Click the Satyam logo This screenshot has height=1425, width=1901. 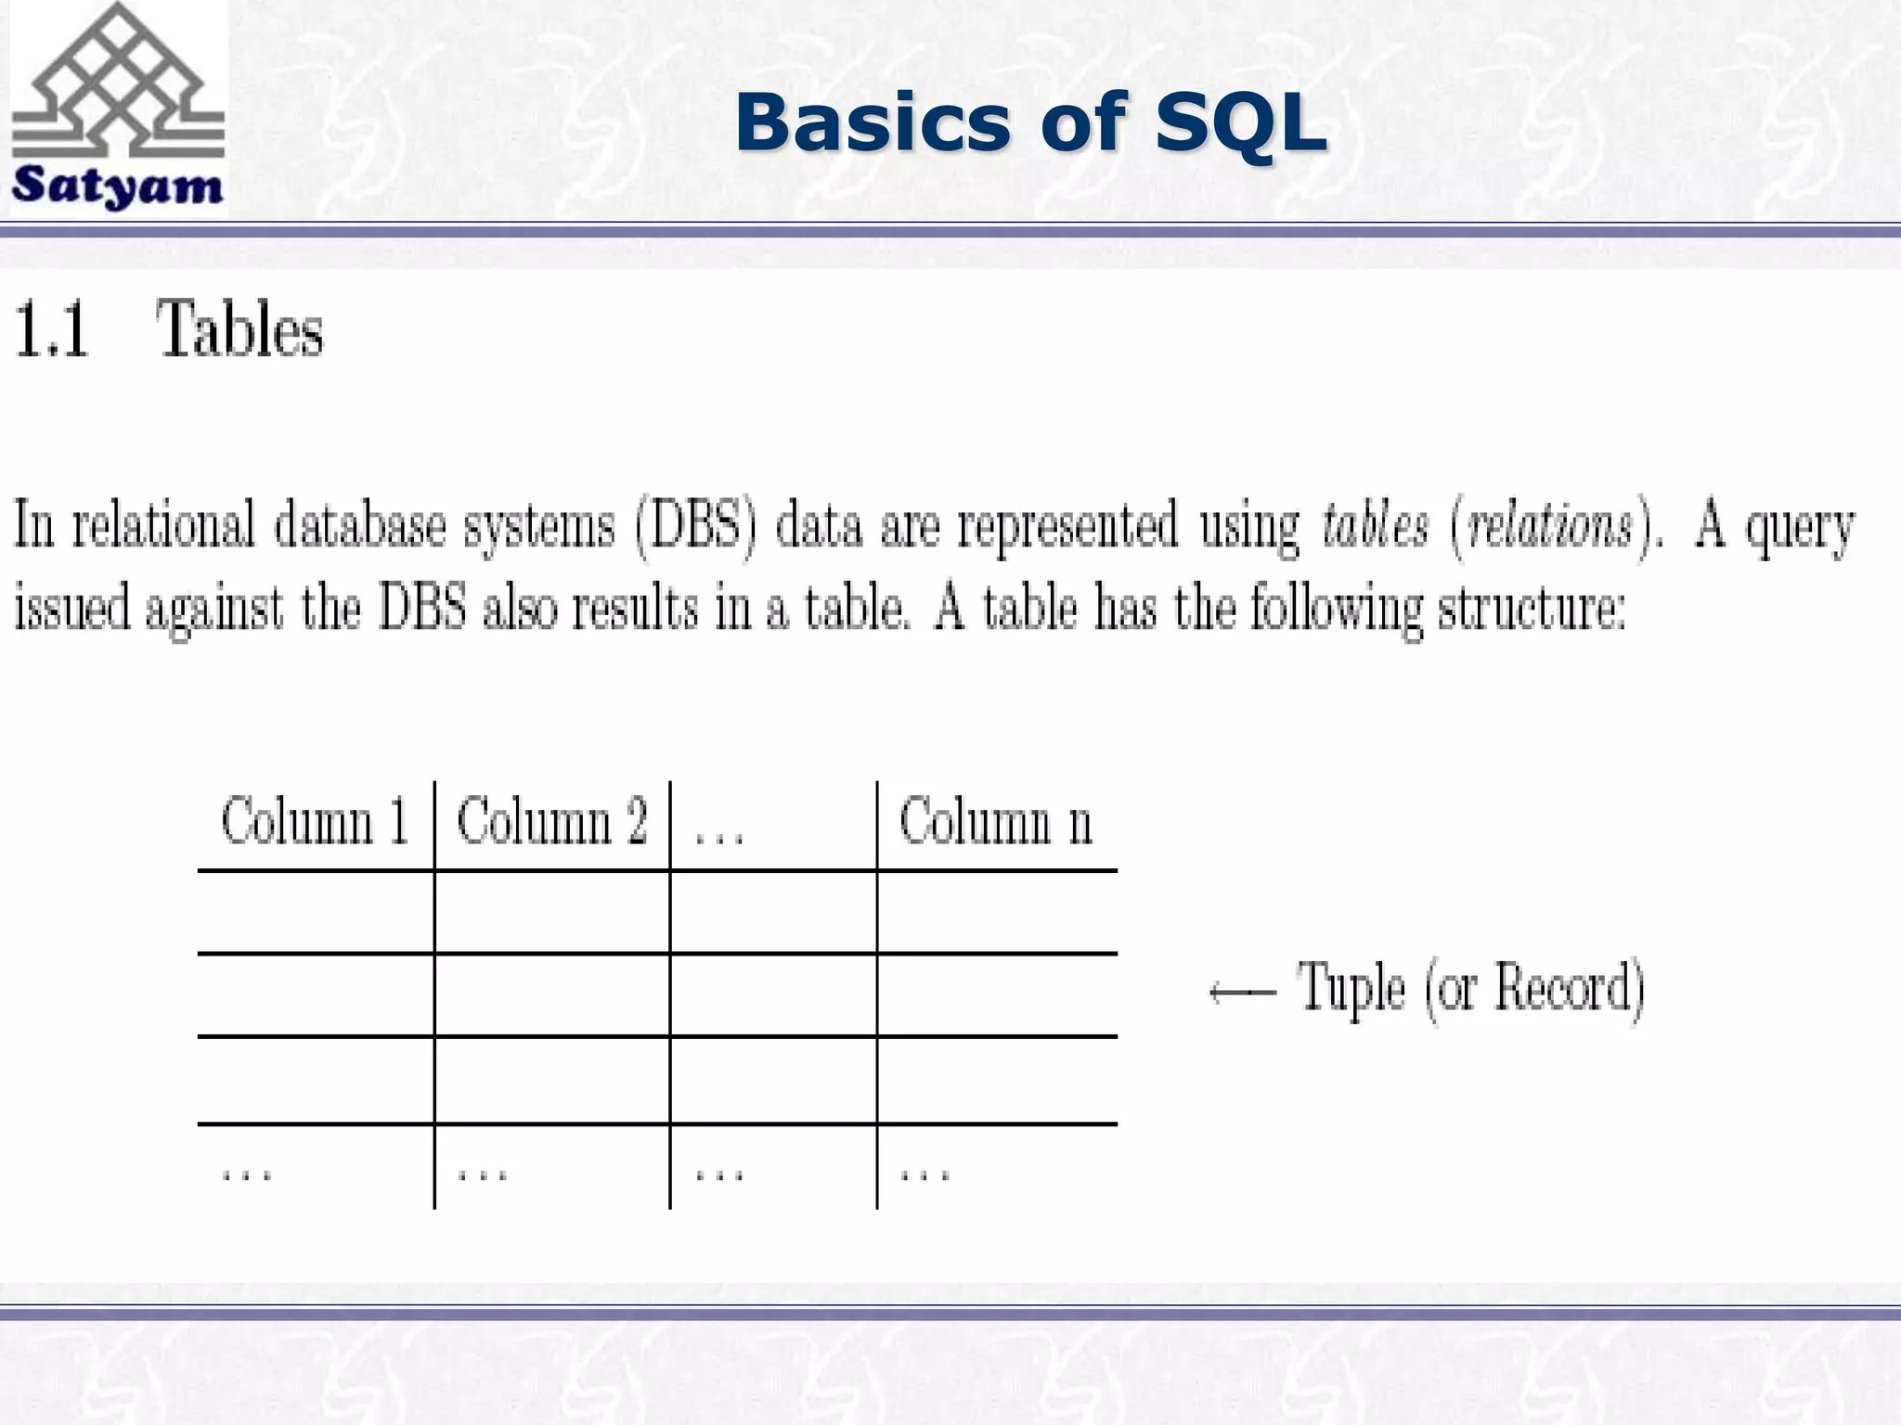[x=118, y=108]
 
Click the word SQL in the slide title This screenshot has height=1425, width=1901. [x=1241, y=122]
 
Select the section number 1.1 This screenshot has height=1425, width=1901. [x=52, y=330]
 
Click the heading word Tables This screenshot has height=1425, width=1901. [x=239, y=330]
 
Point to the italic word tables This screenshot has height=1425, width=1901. [x=1375, y=525]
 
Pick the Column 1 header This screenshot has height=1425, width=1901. [x=315, y=822]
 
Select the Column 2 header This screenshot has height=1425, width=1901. [x=551, y=822]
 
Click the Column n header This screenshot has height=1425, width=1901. [x=995, y=822]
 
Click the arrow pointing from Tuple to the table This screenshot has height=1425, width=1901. [x=1242, y=993]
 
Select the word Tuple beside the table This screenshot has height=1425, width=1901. [x=1351, y=989]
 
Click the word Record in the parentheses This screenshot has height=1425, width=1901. [x=1561, y=987]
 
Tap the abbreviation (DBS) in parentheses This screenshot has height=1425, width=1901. [x=696, y=525]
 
